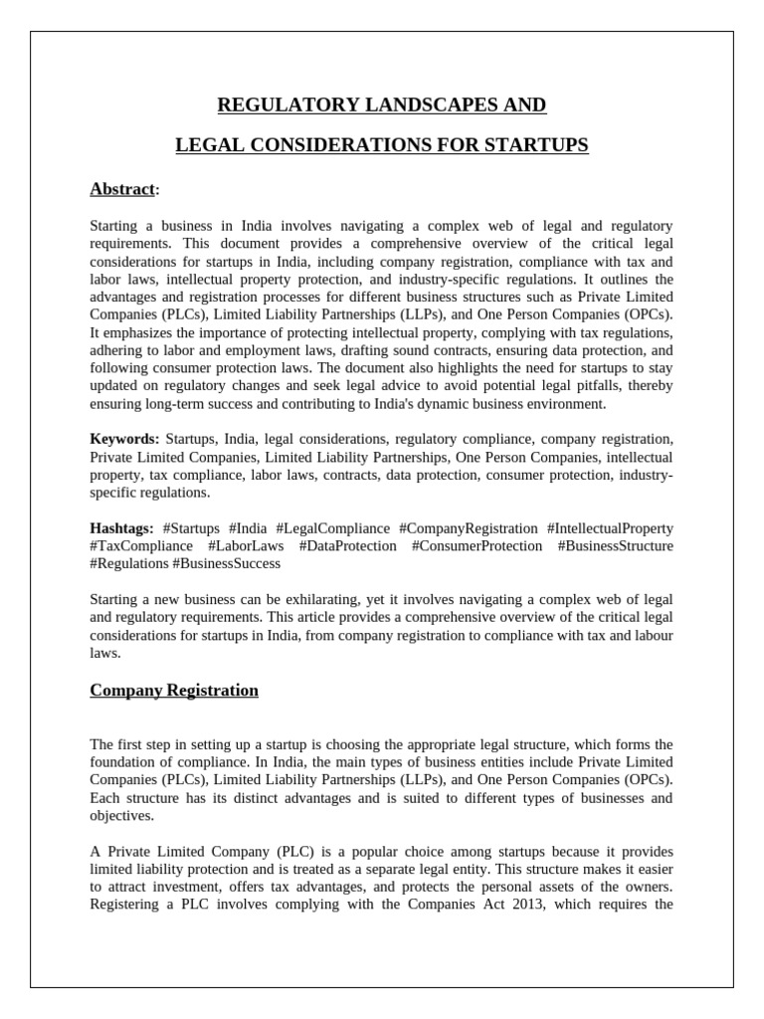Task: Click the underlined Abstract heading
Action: (x=122, y=189)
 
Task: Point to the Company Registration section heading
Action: (x=174, y=690)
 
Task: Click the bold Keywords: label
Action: (x=124, y=439)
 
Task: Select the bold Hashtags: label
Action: (x=122, y=528)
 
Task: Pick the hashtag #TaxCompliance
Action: (x=141, y=546)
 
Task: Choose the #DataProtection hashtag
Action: (x=346, y=546)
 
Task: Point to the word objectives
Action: (x=122, y=816)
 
